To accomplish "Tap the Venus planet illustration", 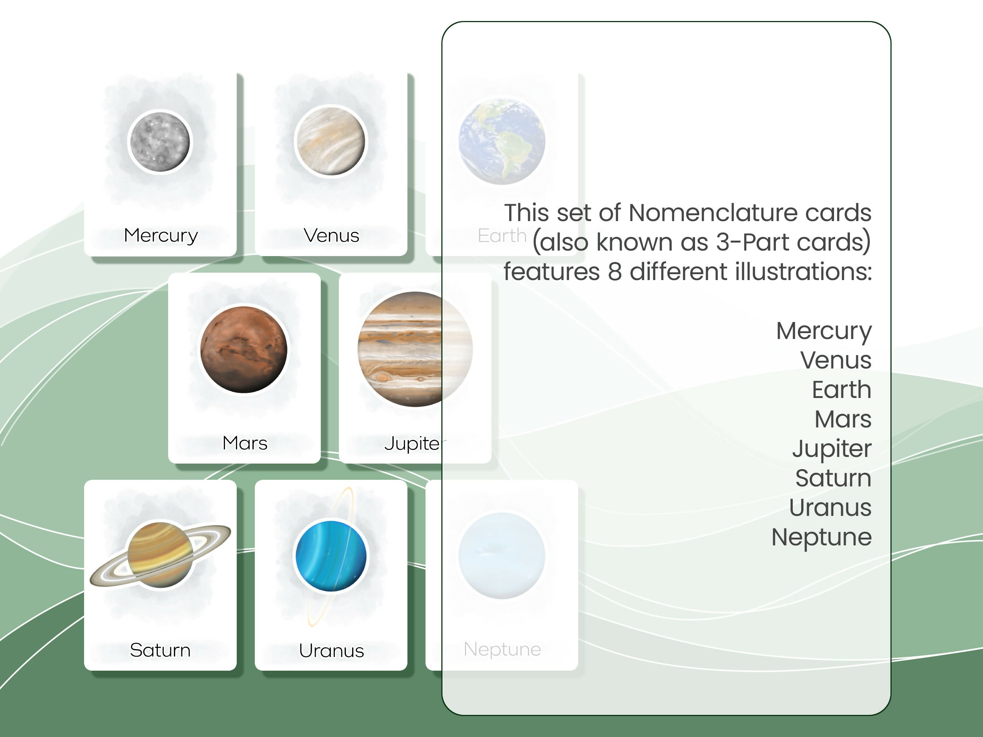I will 331,141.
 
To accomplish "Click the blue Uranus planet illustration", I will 331,556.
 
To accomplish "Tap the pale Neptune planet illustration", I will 502,556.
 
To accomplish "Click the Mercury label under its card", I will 160,235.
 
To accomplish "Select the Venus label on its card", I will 331,235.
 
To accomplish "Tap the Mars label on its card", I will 245,443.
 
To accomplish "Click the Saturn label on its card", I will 160,650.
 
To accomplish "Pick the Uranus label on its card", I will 331,650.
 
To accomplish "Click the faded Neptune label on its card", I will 502,649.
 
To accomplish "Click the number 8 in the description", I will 615,272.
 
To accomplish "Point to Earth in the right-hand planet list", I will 841,389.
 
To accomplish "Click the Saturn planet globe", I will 160,555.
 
